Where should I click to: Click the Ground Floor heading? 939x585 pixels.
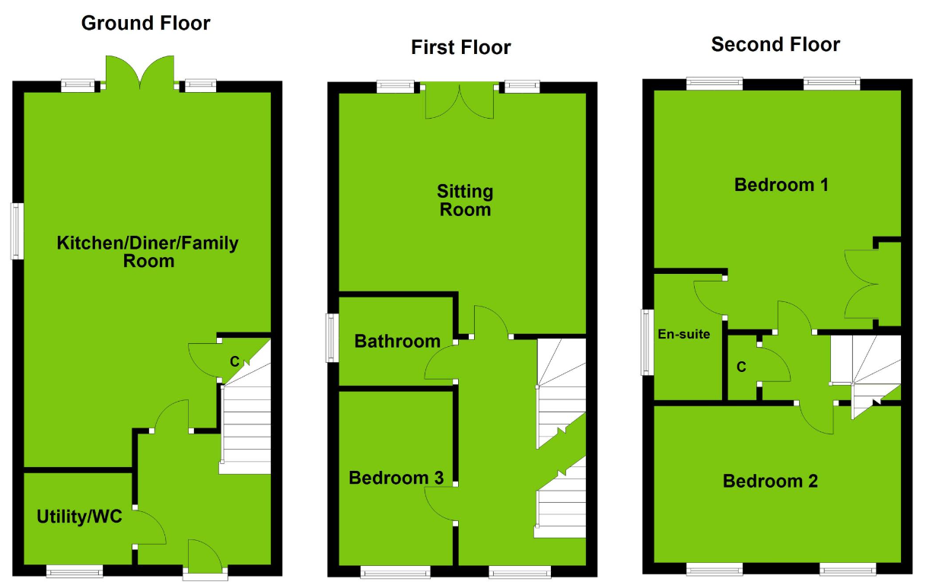[145, 24]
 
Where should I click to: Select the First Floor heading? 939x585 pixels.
[460, 48]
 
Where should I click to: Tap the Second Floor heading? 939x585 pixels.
[775, 45]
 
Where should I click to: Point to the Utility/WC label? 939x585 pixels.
[75, 517]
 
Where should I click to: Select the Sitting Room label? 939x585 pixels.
[465, 201]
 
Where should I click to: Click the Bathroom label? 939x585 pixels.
[396, 342]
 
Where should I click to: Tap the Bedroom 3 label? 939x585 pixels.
[396, 478]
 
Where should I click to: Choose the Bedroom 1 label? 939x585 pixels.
[781, 185]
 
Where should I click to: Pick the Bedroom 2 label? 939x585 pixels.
[770, 481]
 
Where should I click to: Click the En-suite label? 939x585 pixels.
[684, 333]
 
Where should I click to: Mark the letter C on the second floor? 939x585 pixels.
[740, 367]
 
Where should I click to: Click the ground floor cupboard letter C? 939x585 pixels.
[235, 361]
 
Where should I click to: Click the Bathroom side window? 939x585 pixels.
[333, 338]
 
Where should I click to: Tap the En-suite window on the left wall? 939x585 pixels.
[648, 342]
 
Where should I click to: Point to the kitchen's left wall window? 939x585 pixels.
[17, 231]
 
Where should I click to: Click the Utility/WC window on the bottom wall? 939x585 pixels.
[75, 571]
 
